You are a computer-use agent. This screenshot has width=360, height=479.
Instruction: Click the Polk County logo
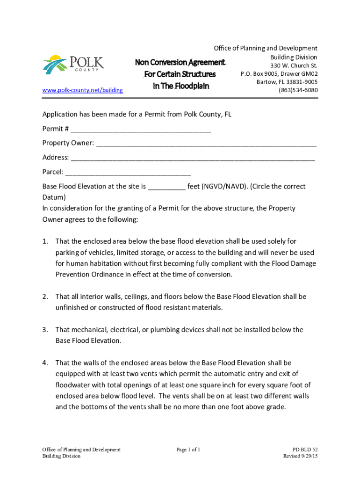[x=73, y=65]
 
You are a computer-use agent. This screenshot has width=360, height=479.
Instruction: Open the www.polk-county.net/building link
[x=83, y=90]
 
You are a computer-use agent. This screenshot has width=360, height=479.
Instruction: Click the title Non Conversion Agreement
[x=180, y=63]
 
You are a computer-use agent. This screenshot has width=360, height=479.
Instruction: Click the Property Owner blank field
[x=206, y=143]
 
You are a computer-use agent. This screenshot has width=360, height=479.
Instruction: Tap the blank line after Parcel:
[x=128, y=172]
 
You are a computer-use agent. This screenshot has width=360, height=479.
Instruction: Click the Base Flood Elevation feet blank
[x=166, y=187]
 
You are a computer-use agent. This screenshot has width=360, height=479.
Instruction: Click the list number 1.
[x=45, y=241]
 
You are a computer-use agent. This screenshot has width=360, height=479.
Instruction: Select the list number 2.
[x=45, y=297]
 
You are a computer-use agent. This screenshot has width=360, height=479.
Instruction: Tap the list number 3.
[x=45, y=330]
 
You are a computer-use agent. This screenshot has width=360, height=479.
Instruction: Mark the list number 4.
[x=45, y=363]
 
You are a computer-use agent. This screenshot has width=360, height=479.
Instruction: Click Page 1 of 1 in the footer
[x=188, y=450]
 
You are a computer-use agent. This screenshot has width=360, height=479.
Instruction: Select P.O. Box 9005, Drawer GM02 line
[x=279, y=73]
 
